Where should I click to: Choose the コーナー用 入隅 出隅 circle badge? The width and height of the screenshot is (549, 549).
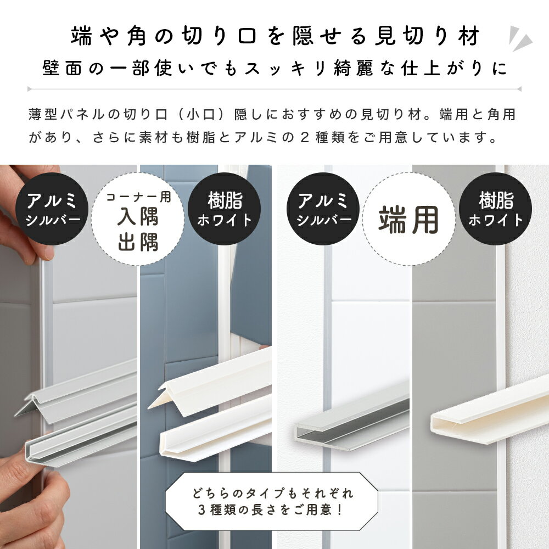pos(137,219)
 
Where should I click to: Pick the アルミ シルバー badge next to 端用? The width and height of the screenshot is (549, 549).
pos(323,209)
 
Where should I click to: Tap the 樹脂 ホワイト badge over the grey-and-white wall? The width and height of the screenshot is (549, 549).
pos(496,209)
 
